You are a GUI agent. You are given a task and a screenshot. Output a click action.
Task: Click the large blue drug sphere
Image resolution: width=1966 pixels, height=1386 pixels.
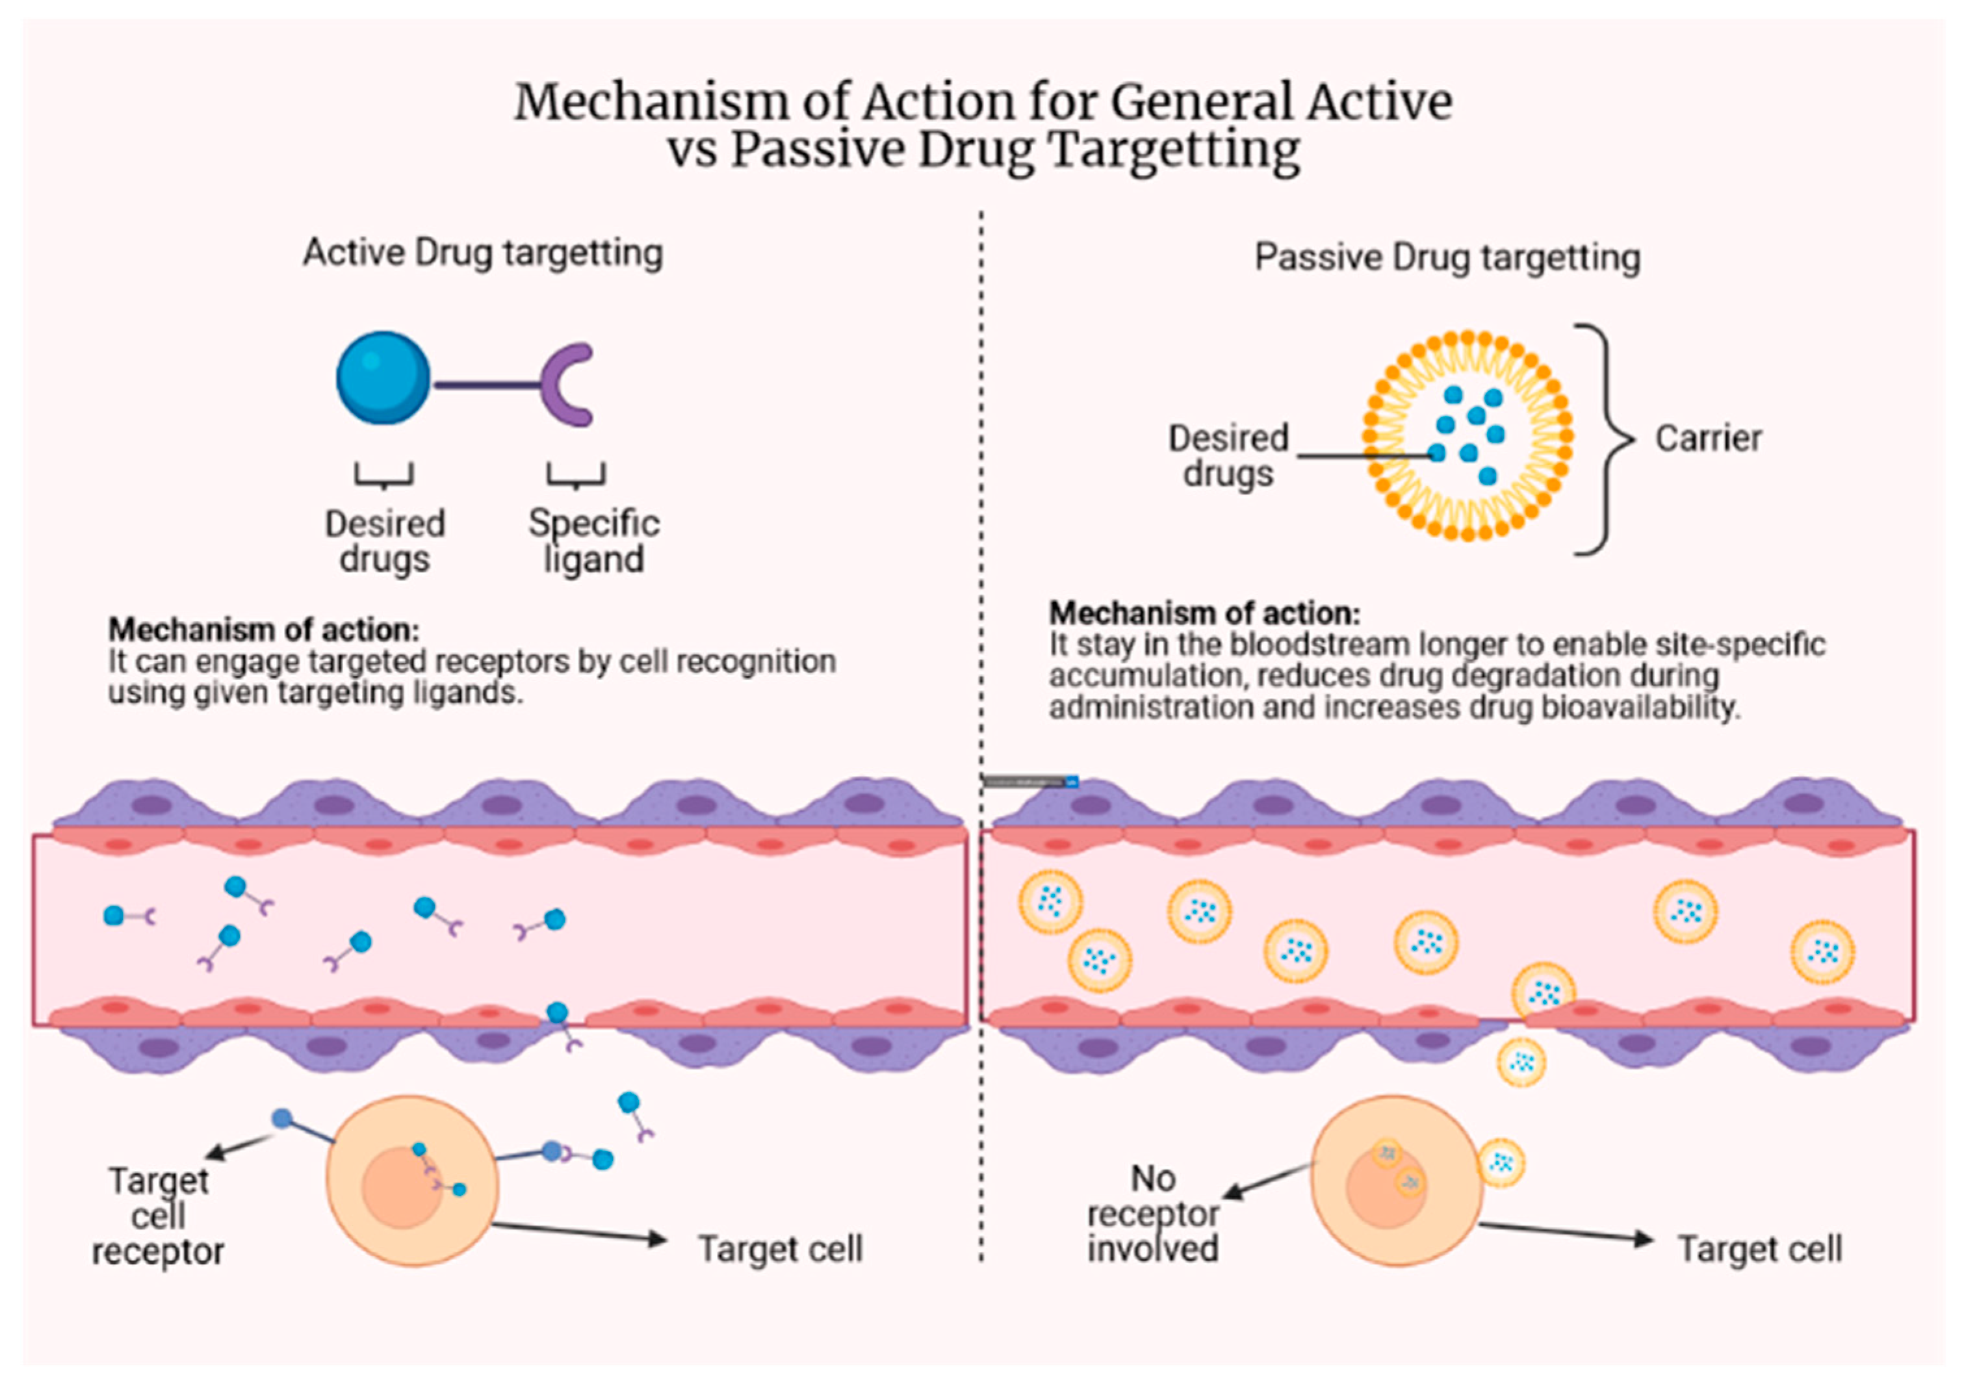(x=383, y=378)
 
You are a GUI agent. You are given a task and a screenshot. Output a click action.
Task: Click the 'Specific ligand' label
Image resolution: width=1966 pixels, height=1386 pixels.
(x=593, y=541)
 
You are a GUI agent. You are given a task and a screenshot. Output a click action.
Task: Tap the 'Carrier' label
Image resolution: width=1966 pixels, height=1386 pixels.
(x=1707, y=439)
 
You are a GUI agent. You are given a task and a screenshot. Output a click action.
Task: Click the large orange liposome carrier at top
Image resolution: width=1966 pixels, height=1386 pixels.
(x=1468, y=435)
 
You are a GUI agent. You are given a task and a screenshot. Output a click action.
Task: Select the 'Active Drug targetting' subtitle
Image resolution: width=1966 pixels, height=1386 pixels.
(x=483, y=253)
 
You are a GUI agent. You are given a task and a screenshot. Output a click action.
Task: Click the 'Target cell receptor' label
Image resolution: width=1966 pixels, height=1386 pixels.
(x=159, y=1216)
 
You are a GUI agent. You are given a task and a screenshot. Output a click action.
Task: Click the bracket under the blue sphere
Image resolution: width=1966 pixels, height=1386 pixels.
(x=383, y=476)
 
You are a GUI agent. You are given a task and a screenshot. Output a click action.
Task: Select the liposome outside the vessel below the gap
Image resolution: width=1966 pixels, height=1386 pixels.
(x=1521, y=1062)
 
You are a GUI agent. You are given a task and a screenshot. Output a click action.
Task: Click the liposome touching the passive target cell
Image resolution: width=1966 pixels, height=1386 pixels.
(x=1501, y=1162)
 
